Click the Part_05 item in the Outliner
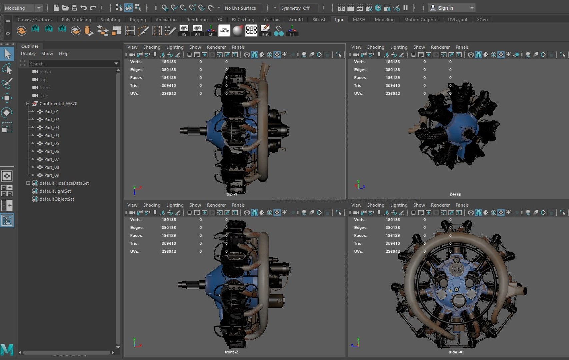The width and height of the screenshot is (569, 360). [51, 143]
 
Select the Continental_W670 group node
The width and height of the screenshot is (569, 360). [58, 104]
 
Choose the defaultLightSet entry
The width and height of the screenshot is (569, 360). [55, 191]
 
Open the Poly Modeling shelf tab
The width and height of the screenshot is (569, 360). [76, 20]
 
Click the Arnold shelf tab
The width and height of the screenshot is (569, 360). [296, 20]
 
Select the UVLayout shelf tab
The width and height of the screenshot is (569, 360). [457, 20]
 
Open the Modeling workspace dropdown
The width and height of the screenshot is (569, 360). [23, 8]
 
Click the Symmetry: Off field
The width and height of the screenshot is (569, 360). [295, 8]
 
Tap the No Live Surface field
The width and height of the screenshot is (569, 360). [240, 8]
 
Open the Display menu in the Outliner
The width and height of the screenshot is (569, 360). [28, 54]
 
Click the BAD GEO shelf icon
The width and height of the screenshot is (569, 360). [251, 30]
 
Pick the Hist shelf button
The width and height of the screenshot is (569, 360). [265, 30]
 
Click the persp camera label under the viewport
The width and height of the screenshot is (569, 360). [455, 194]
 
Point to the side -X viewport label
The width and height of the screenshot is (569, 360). [455, 352]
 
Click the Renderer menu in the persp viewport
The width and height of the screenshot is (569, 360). [440, 47]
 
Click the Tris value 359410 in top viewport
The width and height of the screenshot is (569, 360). [169, 86]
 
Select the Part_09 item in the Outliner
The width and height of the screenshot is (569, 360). [51, 175]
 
